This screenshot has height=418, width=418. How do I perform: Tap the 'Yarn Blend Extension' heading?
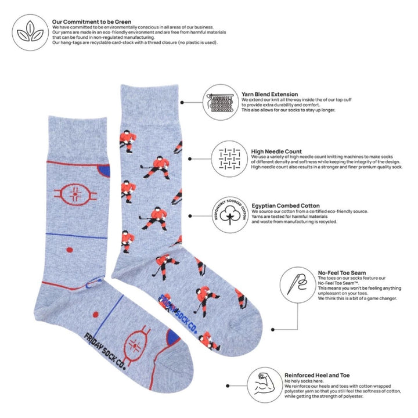[x=270, y=94]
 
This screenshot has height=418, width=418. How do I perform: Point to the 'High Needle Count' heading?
[x=276, y=152]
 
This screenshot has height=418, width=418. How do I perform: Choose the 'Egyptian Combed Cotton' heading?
[x=286, y=206]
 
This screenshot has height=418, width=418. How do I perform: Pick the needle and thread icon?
[x=297, y=283]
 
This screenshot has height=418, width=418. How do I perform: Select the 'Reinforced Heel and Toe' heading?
[x=317, y=375]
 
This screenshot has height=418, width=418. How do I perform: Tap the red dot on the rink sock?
[x=68, y=251]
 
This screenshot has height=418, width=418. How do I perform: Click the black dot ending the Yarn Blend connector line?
[x=183, y=102]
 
